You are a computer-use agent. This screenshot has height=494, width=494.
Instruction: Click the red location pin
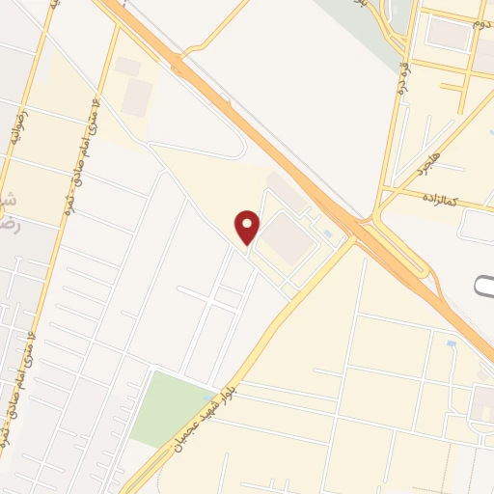pos(248,226)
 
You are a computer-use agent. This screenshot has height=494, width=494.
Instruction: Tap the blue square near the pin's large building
pos(327,233)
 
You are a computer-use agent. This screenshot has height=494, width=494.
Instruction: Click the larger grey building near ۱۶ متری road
pos(137,96)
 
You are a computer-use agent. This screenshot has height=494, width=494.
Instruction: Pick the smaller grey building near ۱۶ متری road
pos(127,66)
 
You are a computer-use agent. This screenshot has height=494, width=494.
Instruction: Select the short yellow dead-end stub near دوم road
pos(452,87)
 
